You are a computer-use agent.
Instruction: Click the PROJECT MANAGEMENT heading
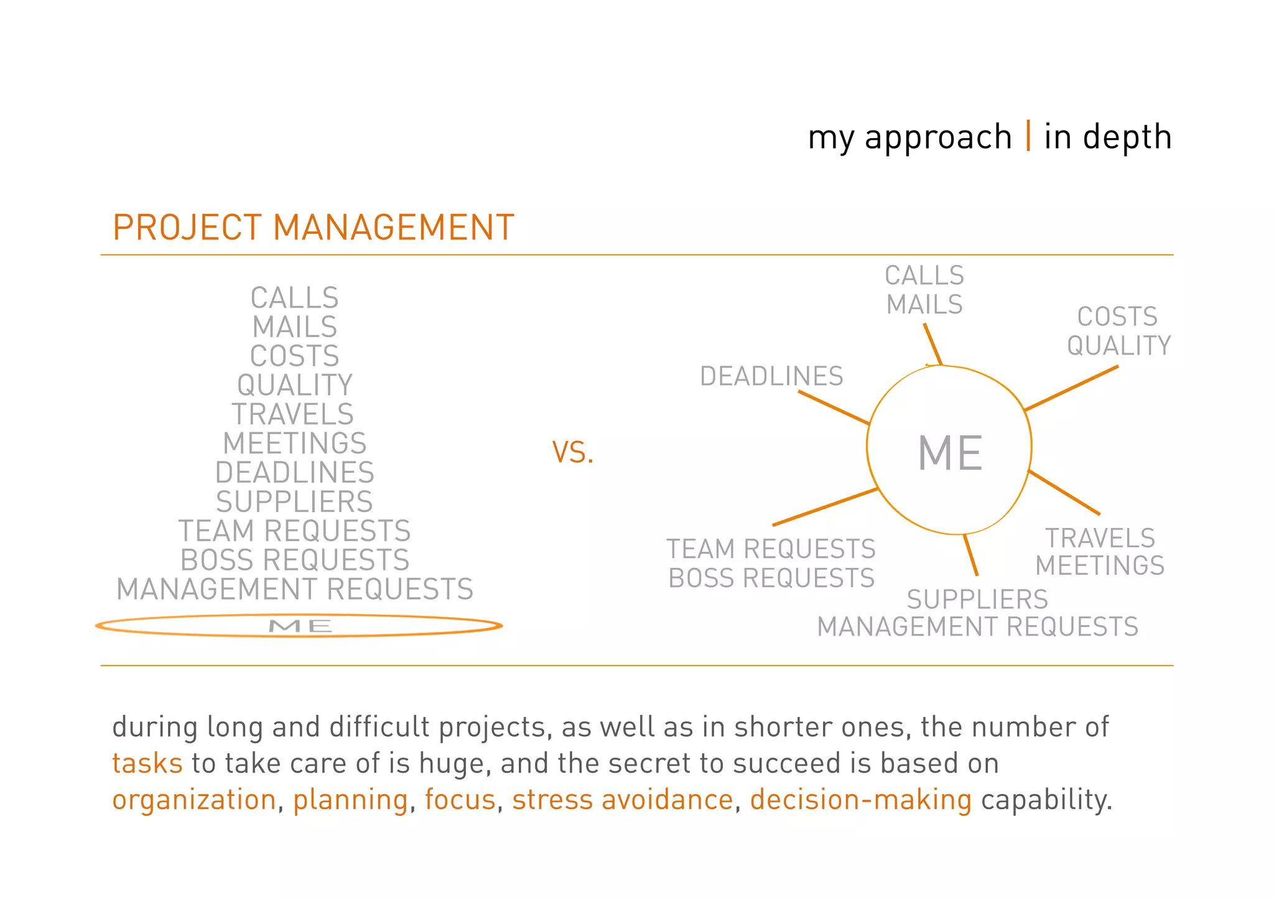(314, 228)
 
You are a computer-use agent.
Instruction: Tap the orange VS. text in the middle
(572, 453)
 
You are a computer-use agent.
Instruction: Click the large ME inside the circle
(950, 453)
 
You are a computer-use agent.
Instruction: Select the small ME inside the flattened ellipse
(300, 626)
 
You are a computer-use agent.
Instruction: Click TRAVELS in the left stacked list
(293, 414)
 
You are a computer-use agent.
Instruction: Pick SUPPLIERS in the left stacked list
(294, 502)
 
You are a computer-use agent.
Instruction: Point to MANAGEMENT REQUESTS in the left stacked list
(295, 590)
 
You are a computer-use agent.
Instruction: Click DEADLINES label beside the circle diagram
(771, 376)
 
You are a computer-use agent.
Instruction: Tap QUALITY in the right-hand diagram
(1118, 346)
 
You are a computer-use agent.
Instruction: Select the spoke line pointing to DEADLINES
(834, 407)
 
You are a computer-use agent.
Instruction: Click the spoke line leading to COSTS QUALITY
(1071, 388)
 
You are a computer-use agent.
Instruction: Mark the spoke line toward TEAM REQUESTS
(825, 507)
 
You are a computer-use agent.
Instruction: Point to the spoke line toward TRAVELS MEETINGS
(1064, 493)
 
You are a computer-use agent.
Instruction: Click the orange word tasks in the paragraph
(147, 763)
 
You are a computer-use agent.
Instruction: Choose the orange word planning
(350, 800)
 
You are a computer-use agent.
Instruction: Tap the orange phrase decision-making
(860, 800)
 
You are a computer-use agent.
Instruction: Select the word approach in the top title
(938, 138)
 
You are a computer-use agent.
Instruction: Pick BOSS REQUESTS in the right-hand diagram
(771, 578)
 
